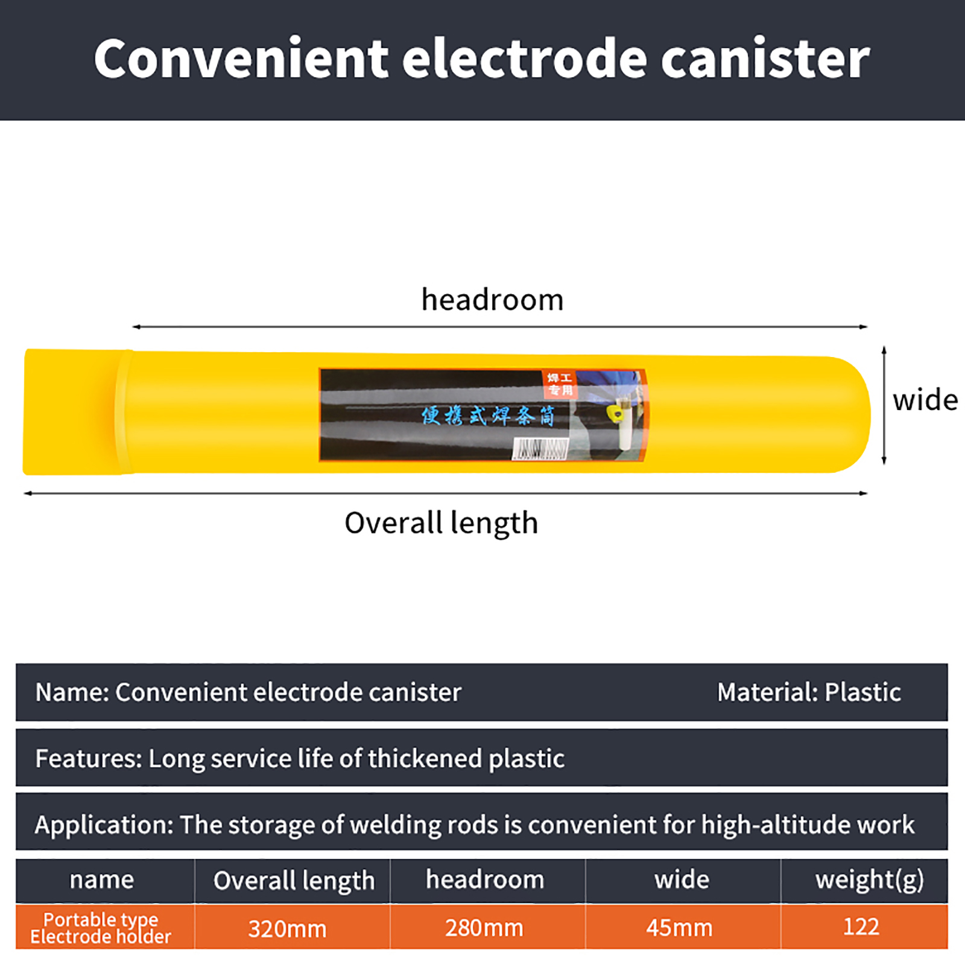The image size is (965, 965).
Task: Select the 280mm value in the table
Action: [x=484, y=928]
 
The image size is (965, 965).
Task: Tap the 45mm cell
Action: [x=679, y=928]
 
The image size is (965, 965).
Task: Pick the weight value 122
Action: [x=861, y=926]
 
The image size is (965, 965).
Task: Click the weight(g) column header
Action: [x=869, y=880]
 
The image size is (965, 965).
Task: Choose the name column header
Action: [x=101, y=880]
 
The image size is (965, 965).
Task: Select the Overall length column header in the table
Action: [x=294, y=881]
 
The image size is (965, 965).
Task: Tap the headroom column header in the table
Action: [x=485, y=879]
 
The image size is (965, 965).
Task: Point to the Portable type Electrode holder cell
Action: [x=101, y=928]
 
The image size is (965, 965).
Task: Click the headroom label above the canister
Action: [x=492, y=300]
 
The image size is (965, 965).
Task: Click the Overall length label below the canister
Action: [x=441, y=523]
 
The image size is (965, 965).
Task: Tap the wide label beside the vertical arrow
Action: [x=925, y=400]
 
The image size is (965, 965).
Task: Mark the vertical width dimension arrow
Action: [x=884, y=405]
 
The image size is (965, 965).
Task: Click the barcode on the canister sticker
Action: [x=540, y=449]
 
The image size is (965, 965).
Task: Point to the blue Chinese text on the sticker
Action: [x=487, y=416]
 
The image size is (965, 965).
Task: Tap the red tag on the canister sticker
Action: [x=559, y=384]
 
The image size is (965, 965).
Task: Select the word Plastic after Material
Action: [x=862, y=692]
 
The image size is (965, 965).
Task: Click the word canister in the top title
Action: [x=765, y=59]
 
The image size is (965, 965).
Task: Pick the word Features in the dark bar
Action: [x=87, y=759]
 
